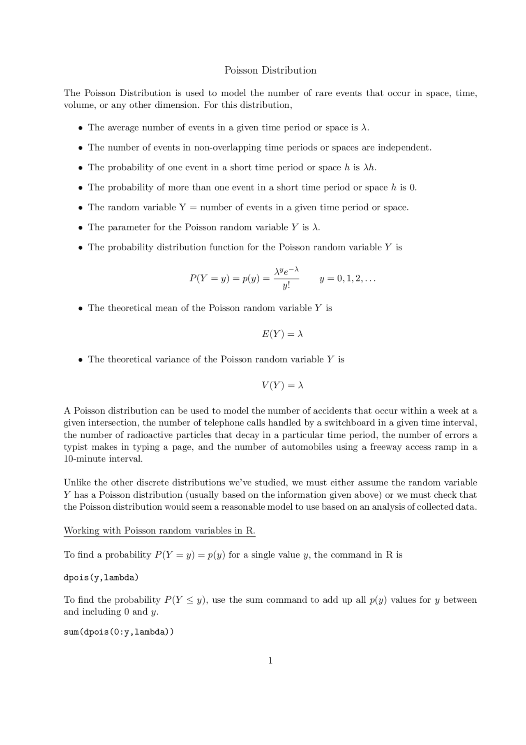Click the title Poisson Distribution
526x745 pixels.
tap(270, 70)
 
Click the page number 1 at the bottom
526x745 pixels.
tap(270, 660)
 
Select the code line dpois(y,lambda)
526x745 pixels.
tap(101, 578)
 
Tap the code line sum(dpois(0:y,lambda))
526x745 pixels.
tap(119, 632)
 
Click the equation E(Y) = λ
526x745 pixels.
tap(282, 334)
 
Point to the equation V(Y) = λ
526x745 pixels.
tap(282, 385)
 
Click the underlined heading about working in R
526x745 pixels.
tap(159, 531)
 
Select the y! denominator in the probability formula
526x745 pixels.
tap(286, 285)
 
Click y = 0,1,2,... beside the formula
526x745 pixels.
tap(347, 279)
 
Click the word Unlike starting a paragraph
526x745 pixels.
tap(77, 483)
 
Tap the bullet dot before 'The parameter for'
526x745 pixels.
tap(81, 227)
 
